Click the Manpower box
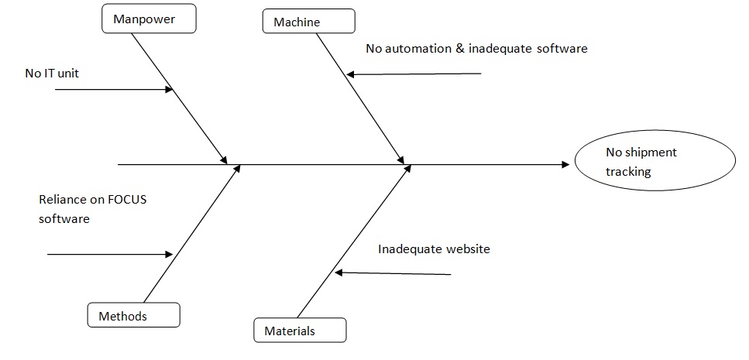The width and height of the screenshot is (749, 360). coord(148,19)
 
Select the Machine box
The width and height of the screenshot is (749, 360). coord(308,22)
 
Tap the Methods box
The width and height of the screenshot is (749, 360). coord(133,315)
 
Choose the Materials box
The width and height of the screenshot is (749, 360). coord(300,331)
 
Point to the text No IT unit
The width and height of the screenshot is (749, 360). coord(52,74)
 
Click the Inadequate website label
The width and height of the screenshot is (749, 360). coord(434,249)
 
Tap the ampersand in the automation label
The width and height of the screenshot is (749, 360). coord(455,49)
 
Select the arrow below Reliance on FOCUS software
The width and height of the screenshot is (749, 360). coord(109,253)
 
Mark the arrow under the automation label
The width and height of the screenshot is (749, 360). coord(414,74)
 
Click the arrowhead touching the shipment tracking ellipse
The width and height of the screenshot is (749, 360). coord(565,164)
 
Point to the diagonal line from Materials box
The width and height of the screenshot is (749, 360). coord(352,245)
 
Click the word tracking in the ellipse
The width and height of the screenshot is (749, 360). coord(628,172)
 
